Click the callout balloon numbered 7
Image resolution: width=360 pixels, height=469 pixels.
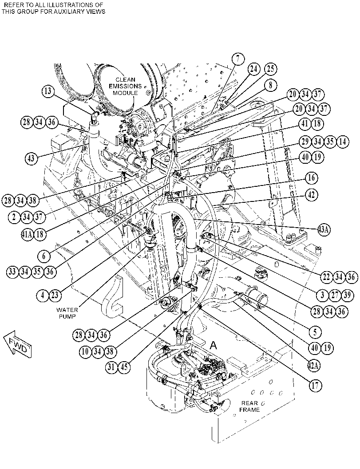238,59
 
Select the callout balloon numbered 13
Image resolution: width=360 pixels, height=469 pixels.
48,91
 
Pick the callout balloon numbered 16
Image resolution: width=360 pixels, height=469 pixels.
312,177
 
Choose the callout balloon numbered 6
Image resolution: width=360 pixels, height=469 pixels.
44,256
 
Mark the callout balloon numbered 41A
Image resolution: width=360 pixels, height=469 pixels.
28,234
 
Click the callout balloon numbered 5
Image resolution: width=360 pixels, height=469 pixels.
315,331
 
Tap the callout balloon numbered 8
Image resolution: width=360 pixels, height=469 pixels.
270,86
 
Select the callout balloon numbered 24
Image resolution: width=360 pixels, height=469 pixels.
253,69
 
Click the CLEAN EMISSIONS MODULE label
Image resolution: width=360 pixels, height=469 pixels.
125,86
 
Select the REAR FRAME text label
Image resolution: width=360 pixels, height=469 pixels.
249,407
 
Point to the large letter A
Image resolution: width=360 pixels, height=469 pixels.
213,346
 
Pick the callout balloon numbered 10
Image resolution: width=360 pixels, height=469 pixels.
85,351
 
